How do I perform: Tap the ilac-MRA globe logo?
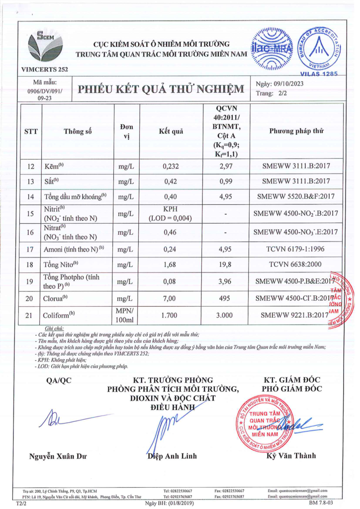[272, 49]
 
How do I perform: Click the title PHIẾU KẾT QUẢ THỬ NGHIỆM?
[161, 89]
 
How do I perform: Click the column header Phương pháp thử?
[296, 131]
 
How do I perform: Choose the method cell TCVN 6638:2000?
[296, 265]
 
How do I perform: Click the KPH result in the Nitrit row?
[171, 209]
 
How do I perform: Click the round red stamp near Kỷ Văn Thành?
[264, 423]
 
